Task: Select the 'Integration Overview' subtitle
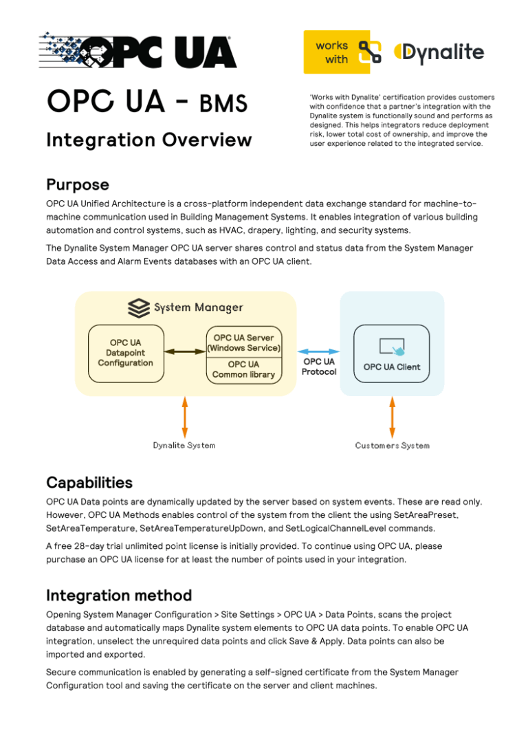(148, 140)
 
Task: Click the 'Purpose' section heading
(77, 184)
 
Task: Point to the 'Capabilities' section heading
(89, 481)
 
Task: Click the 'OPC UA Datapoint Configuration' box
(126, 353)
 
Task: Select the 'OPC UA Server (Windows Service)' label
(243, 343)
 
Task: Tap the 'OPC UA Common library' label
(243, 369)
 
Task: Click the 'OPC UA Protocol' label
(319, 367)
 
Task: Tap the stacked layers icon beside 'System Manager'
(139, 307)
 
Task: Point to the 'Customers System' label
(392, 446)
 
